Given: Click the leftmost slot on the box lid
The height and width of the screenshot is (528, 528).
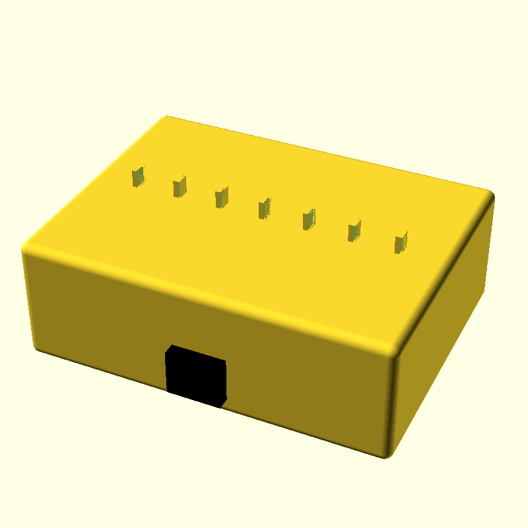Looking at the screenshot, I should pos(138,176).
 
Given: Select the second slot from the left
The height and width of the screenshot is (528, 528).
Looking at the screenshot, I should pos(180,187).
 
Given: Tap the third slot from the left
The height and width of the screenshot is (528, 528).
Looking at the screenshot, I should pos(222,197).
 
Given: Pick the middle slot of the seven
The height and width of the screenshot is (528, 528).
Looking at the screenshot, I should pos(265,209).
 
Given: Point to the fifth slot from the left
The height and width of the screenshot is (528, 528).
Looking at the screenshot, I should pos(308,219).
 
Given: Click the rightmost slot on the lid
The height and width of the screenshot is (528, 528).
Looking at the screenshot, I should pos(401,243).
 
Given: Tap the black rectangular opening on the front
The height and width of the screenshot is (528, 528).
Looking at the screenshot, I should pos(196,376).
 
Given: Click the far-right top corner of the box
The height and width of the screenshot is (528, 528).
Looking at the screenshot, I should pos(490,194).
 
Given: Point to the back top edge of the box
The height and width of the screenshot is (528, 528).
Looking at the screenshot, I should pos(330,156).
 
